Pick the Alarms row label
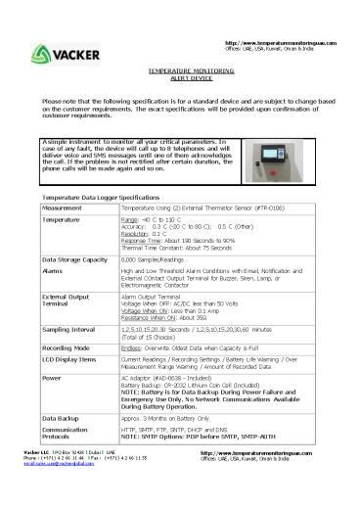click(x=54, y=269)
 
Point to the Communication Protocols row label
click(x=67, y=434)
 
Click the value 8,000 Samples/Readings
click(x=155, y=258)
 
